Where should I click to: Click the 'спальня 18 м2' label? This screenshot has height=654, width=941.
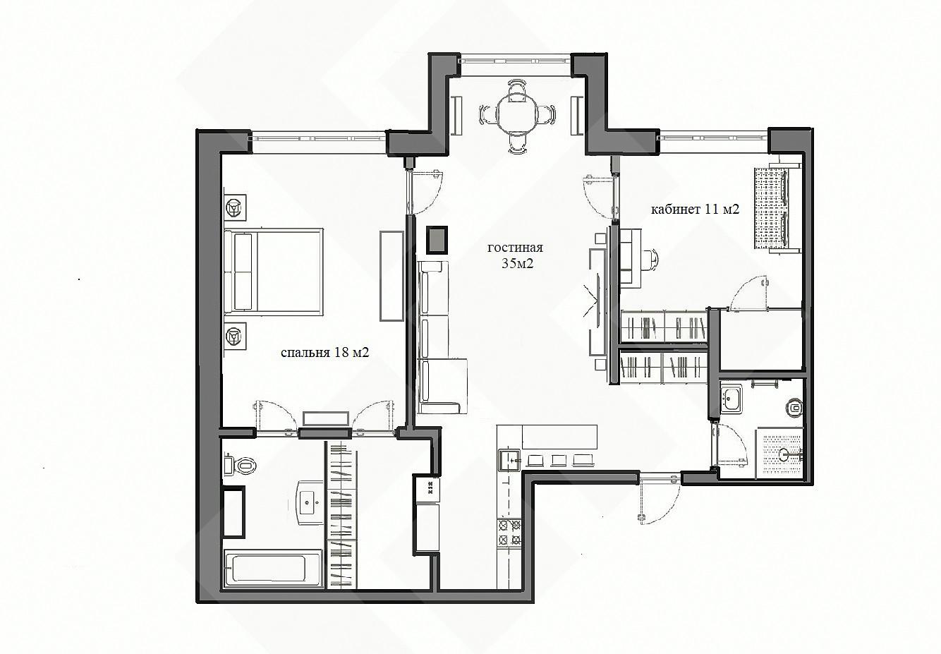point(324,353)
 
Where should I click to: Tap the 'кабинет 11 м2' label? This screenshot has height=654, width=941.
point(695,209)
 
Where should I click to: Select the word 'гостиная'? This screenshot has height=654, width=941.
point(515,248)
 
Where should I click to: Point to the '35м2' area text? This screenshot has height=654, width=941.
point(517,263)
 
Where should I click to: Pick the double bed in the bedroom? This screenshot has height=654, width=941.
point(274,272)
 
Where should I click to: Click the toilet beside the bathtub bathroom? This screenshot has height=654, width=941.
point(240,466)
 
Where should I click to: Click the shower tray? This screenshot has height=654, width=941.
point(779,453)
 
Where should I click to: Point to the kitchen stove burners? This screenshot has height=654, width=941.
point(509,532)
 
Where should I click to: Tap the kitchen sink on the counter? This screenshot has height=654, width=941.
point(509,461)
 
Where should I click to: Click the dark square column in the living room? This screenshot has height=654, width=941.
point(437,240)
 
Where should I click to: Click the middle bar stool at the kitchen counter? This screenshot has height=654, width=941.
point(558,461)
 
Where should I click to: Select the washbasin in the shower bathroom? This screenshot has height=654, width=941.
point(731,397)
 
